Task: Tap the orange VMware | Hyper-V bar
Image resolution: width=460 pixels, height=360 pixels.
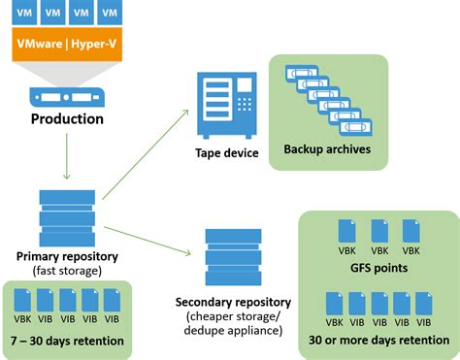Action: pyautogui.click(x=68, y=44)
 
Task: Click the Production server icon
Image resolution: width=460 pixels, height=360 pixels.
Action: pyautogui.click(x=67, y=98)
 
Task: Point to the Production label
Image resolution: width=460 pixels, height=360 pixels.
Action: pyautogui.click(x=67, y=120)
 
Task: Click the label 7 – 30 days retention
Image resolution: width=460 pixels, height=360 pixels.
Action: pyautogui.click(x=67, y=341)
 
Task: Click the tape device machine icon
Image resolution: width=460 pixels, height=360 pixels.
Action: pyautogui.click(x=224, y=101)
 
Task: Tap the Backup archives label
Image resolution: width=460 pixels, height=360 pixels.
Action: pyautogui.click(x=327, y=149)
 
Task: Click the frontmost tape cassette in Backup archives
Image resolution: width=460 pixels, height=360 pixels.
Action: pyautogui.click(x=359, y=125)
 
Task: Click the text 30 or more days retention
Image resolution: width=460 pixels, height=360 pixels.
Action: pyautogui.click(x=377, y=340)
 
